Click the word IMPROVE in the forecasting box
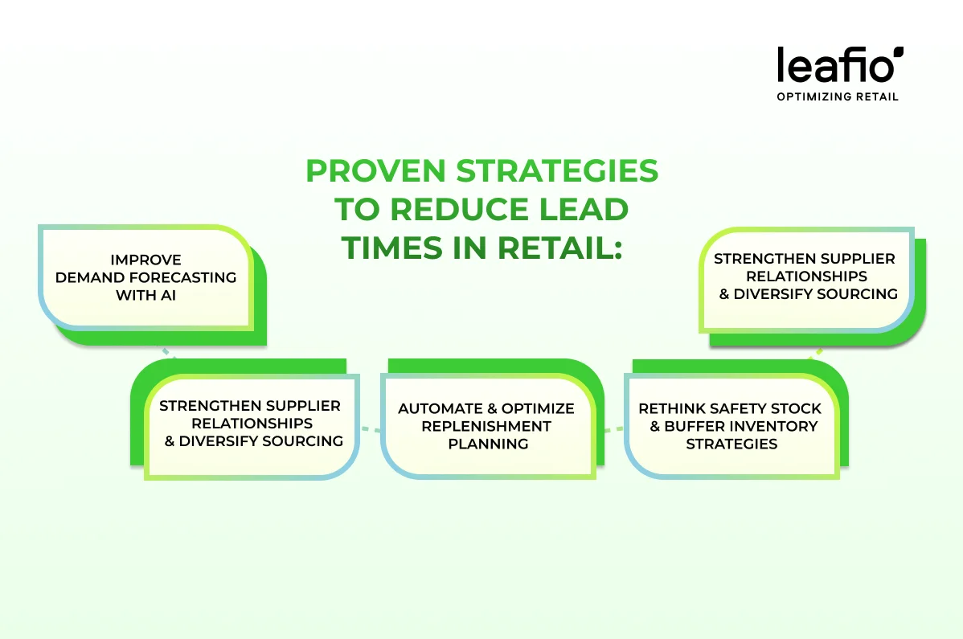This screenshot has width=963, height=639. coord(146,260)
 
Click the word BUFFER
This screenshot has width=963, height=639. coord(695,426)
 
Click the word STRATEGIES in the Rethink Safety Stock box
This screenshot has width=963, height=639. coord(731,444)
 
